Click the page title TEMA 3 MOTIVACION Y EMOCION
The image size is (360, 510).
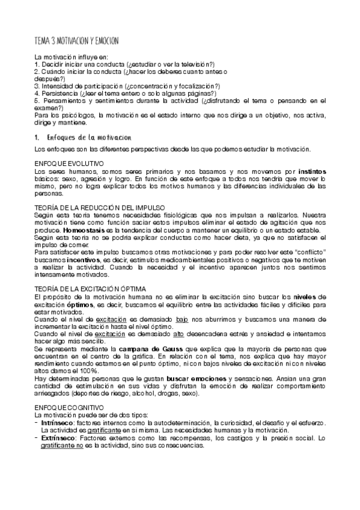[x=76, y=40]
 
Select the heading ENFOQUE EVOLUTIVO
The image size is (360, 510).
[x=70, y=164]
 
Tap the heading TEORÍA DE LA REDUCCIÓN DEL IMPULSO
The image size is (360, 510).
[x=100, y=207]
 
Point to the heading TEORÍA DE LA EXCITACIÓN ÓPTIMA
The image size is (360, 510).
[x=96, y=289]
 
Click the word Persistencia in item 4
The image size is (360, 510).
[x=59, y=93]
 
